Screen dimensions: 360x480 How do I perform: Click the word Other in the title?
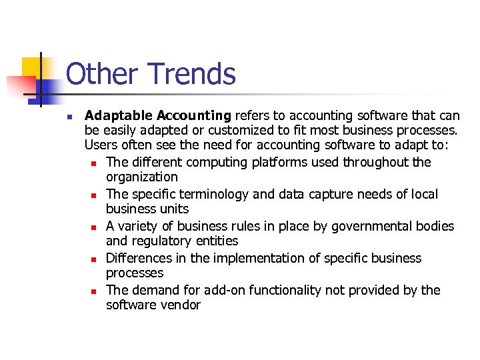click(103, 74)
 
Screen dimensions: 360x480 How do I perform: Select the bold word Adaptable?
click(117, 116)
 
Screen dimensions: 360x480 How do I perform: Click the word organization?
click(141, 177)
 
